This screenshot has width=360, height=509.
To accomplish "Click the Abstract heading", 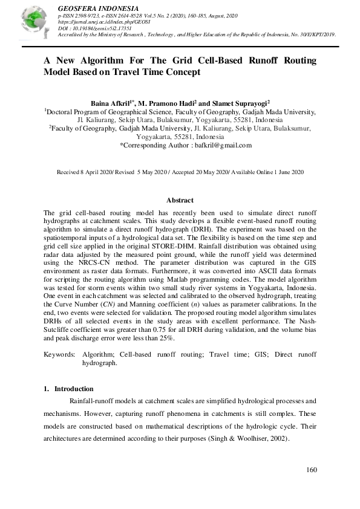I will click(180, 200).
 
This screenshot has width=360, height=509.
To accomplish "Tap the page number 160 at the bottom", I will click(312, 470).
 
